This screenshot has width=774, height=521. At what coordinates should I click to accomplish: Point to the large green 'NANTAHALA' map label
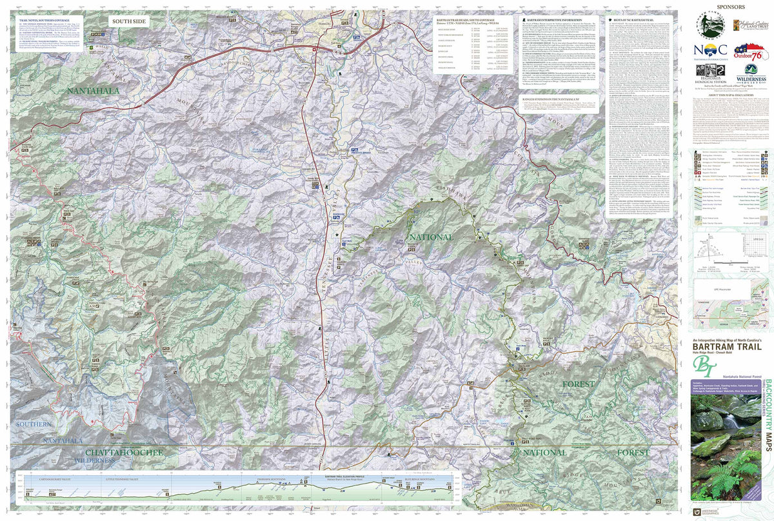click(x=93, y=91)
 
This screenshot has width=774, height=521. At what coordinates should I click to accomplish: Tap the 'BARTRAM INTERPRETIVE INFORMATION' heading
click(x=555, y=20)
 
